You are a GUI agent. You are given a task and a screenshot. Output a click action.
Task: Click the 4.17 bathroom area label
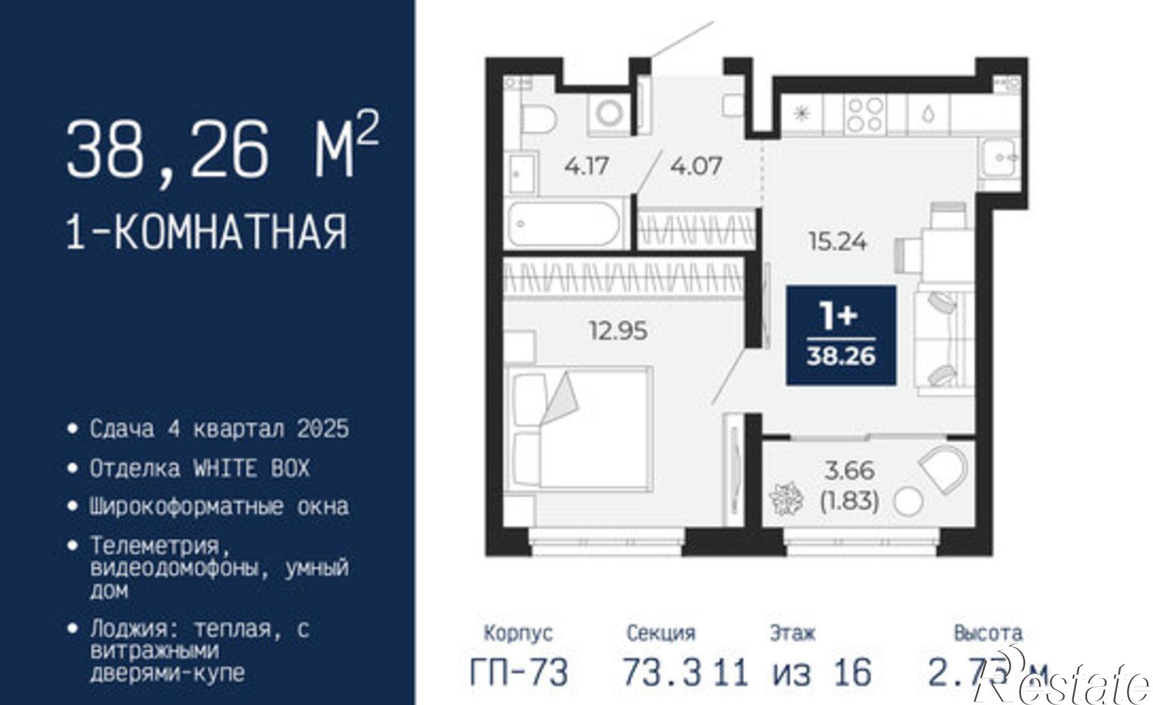tap(587, 167)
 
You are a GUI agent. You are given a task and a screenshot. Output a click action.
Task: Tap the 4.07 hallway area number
tap(696, 167)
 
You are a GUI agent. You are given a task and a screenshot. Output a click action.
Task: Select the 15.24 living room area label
tap(838, 242)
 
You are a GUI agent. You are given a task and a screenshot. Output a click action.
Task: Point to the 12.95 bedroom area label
tap(618, 331)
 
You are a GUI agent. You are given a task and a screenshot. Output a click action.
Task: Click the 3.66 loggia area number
tap(850, 471)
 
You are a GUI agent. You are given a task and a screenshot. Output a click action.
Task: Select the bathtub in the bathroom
tap(564, 224)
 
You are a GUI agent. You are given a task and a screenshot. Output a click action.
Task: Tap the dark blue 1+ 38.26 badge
tap(841, 335)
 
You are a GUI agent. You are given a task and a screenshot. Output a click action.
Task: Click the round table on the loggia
tap(907, 502)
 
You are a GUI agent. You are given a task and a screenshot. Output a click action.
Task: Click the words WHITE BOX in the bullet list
tap(252, 468)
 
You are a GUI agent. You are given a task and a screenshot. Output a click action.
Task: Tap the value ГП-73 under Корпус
tap(519, 672)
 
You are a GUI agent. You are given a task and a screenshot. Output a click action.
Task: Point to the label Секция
tap(661, 634)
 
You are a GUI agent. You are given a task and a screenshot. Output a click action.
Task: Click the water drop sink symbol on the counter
tap(928, 114)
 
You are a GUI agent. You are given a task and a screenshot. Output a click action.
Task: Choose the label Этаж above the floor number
tap(792, 634)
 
